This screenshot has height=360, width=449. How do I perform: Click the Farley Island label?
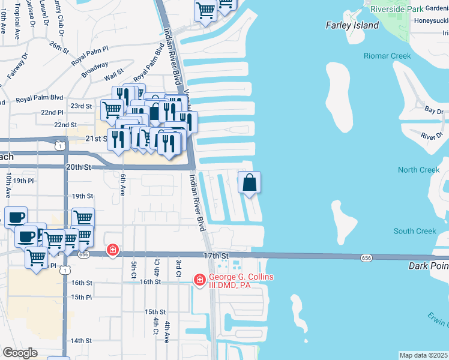(x=352, y=25)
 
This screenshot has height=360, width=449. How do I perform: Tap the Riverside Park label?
(x=396, y=9)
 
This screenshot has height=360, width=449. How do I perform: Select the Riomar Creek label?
(x=387, y=56)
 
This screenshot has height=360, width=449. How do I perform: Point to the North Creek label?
(x=418, y=170)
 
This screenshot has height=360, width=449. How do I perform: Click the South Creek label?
(x=415, y=231)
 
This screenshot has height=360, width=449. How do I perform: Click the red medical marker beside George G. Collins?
(x=200, y=280)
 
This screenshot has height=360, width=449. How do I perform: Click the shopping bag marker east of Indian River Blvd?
(x=250, y=182)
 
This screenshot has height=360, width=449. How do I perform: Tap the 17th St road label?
(x=217, y=256)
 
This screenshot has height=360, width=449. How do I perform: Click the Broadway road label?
(x=95, y=68)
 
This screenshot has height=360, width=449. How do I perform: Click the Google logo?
(x=20, y=353)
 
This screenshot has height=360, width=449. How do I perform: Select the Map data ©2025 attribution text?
(x=423, y=355)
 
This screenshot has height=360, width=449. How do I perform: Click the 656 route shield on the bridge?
(x=366, y=257)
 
